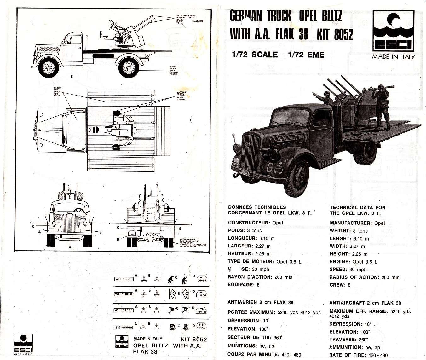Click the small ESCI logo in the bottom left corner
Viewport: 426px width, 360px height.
23,344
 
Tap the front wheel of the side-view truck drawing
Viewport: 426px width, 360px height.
48,67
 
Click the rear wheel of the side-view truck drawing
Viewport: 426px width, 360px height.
129,67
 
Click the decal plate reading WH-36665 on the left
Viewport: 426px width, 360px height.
124,279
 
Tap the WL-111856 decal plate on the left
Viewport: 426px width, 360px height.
124,294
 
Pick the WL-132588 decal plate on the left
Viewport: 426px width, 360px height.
124,310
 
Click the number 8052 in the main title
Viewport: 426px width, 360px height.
343,34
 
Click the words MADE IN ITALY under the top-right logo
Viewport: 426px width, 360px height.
393,57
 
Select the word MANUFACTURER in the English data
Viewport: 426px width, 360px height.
350,223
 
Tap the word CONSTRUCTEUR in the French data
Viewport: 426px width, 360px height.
249,223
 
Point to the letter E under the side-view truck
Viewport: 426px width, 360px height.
72,76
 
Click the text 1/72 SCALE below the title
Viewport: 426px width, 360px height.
255,55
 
